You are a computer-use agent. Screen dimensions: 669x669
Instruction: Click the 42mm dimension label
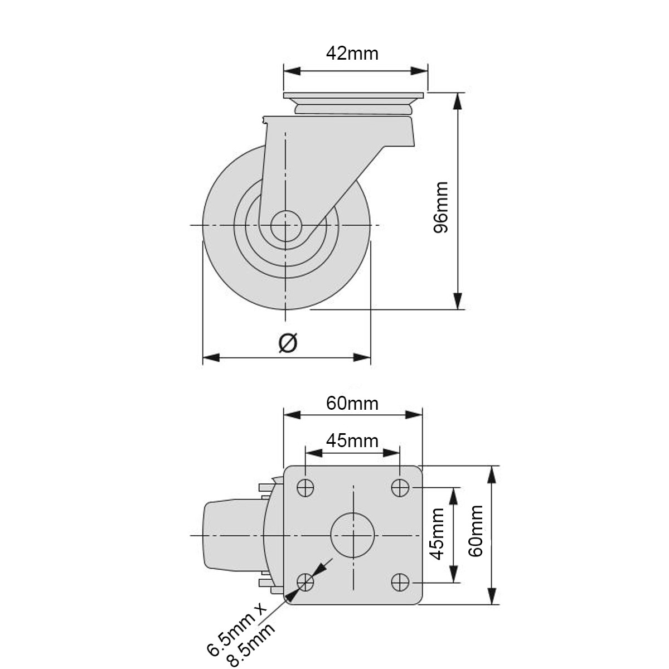tap(352, 54)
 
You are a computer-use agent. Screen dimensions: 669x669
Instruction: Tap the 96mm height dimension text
tap(440, 207)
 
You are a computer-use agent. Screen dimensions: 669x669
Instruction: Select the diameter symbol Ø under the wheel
tap(288, 343)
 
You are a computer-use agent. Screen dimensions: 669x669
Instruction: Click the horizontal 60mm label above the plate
tap(352, 404)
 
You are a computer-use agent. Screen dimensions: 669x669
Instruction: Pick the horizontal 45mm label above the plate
tap(352, 441)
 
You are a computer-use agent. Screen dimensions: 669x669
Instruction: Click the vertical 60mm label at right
tap(476, 531)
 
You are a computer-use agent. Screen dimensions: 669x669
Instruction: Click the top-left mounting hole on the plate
tap(306, 488)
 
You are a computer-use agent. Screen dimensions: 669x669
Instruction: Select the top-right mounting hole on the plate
tap(400, 487)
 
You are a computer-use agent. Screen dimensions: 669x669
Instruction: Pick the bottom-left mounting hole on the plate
tap(306, 582)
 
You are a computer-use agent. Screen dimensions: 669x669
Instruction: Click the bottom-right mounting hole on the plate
tap(400, 582)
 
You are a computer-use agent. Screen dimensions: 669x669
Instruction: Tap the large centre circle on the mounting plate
tap(353, 535)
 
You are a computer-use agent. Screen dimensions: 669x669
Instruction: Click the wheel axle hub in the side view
tap(285, 226)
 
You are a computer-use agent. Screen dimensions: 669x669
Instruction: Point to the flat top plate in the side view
tap(353, 95)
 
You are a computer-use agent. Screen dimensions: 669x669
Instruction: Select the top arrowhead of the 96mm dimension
tap(458, 101)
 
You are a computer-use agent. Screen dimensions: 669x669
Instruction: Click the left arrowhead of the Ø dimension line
tap(211, 357)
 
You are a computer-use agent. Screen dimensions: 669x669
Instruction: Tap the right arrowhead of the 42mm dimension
tap(419, 71)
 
